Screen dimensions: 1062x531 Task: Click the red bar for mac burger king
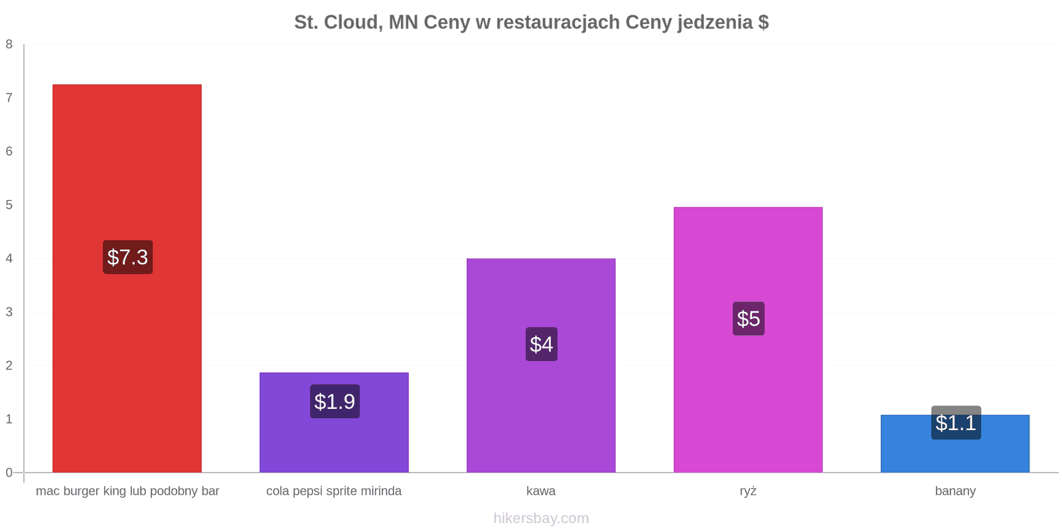coord(127,278)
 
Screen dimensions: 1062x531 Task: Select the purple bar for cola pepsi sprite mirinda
coord(335,422)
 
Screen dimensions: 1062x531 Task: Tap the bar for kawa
coord(541,366)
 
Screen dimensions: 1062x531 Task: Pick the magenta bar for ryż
coord(748,340)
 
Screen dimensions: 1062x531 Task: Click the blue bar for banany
coord(955,444)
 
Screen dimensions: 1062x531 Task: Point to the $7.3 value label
coord(128,257)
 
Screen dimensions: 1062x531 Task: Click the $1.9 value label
coord(335,402)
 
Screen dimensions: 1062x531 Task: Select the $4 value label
coord(542,344)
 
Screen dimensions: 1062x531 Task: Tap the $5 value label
coord(749,319)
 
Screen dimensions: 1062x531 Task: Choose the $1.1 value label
coord(956,422)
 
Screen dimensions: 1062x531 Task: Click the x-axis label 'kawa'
coord(541,491)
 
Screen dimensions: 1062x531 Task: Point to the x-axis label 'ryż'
coord(748,491)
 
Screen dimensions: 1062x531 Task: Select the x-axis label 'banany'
coord(955,491)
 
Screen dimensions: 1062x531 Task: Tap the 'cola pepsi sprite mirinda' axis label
coord(334,491)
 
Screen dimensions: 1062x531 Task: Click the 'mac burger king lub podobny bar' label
coord(127,491)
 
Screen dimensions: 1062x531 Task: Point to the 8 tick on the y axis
coord(9,44)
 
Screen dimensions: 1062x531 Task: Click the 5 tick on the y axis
coord(9,205)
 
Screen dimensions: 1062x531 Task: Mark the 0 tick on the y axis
coord(9,473)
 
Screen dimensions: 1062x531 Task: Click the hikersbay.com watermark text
coord(541,518)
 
